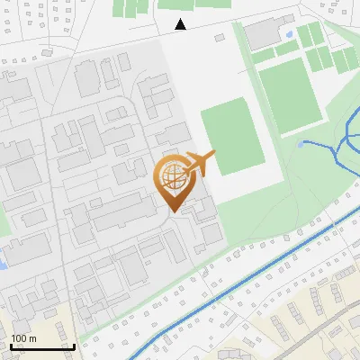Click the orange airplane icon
(200, 165)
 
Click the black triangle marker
(181, 24)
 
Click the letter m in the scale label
(32, 337)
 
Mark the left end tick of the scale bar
(11, 346)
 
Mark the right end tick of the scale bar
(74, 346)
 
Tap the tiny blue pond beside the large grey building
(288, 34)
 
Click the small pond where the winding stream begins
(303, 143)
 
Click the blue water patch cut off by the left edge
(3, 264)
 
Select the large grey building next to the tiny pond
(263, 34)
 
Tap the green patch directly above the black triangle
(180, 4)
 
